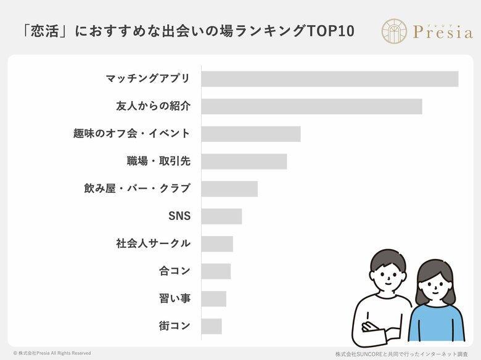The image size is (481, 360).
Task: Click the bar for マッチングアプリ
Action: pos(329,79)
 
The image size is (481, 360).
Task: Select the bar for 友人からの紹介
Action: pos(311,106)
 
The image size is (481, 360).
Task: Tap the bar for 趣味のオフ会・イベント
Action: pos(250,134)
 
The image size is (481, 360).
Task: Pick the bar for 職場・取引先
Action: pos(244,162)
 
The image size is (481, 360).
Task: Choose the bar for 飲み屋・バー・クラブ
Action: pos(229,189)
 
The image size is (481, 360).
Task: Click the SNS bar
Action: pos(221,216)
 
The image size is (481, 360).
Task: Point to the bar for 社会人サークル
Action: pos(217,243)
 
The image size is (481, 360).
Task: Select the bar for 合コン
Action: pos(216,271)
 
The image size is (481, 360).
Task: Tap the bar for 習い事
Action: pos(213,298)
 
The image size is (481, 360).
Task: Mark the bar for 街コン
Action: pos(211,326)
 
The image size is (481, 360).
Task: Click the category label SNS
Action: pos(179,216)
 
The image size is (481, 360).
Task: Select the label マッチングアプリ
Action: pos(148,79)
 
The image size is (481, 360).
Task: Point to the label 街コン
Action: pos(175,326)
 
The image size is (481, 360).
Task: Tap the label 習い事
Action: pos(175,299)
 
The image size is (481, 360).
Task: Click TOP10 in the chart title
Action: pos(330,31)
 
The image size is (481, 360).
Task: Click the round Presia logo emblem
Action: pos(394,31)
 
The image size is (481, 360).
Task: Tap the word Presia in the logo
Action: pos(442,33)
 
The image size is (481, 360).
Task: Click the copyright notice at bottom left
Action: pos(52,353)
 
